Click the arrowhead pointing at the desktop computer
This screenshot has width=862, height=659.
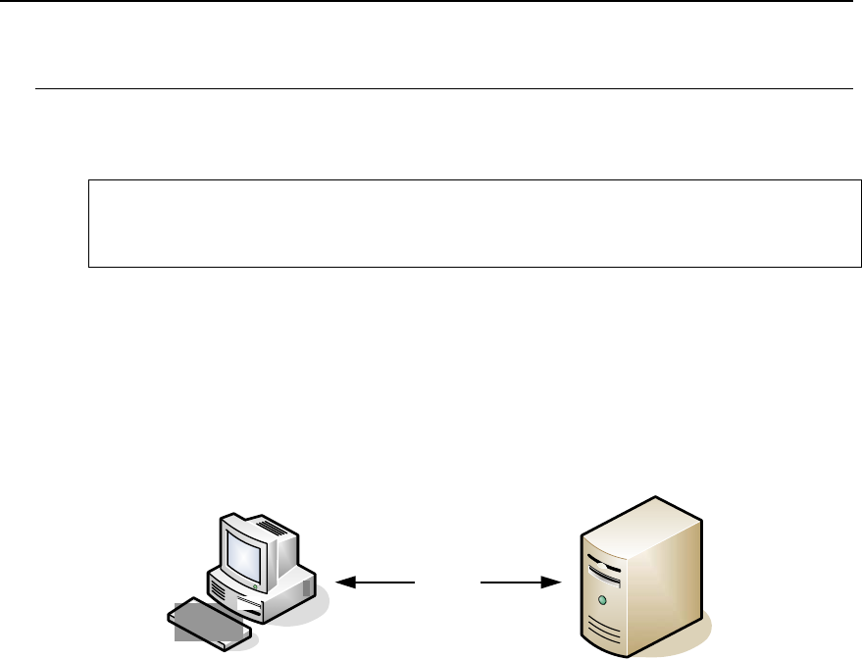(x=344, y=583)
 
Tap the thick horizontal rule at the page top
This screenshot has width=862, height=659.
(x=431, y=1)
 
